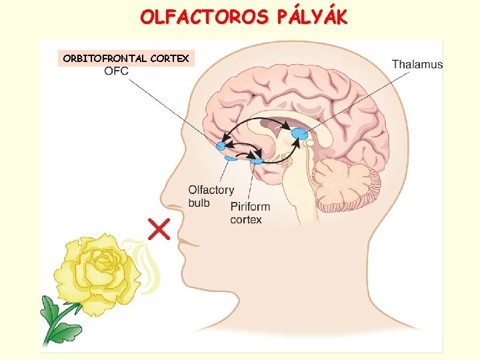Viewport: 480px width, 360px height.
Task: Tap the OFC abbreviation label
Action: [116, 71]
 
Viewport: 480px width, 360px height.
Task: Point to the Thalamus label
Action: [417, 64]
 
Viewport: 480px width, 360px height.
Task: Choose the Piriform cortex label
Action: [250, 213]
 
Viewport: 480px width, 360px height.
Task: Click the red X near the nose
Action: [159, 229]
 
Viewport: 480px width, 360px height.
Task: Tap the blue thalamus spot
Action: [299, 134]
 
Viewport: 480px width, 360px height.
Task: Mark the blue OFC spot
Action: [221, 145]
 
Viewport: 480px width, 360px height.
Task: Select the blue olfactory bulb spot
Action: [231, 158]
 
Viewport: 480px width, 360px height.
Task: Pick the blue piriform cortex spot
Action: [257, 161]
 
